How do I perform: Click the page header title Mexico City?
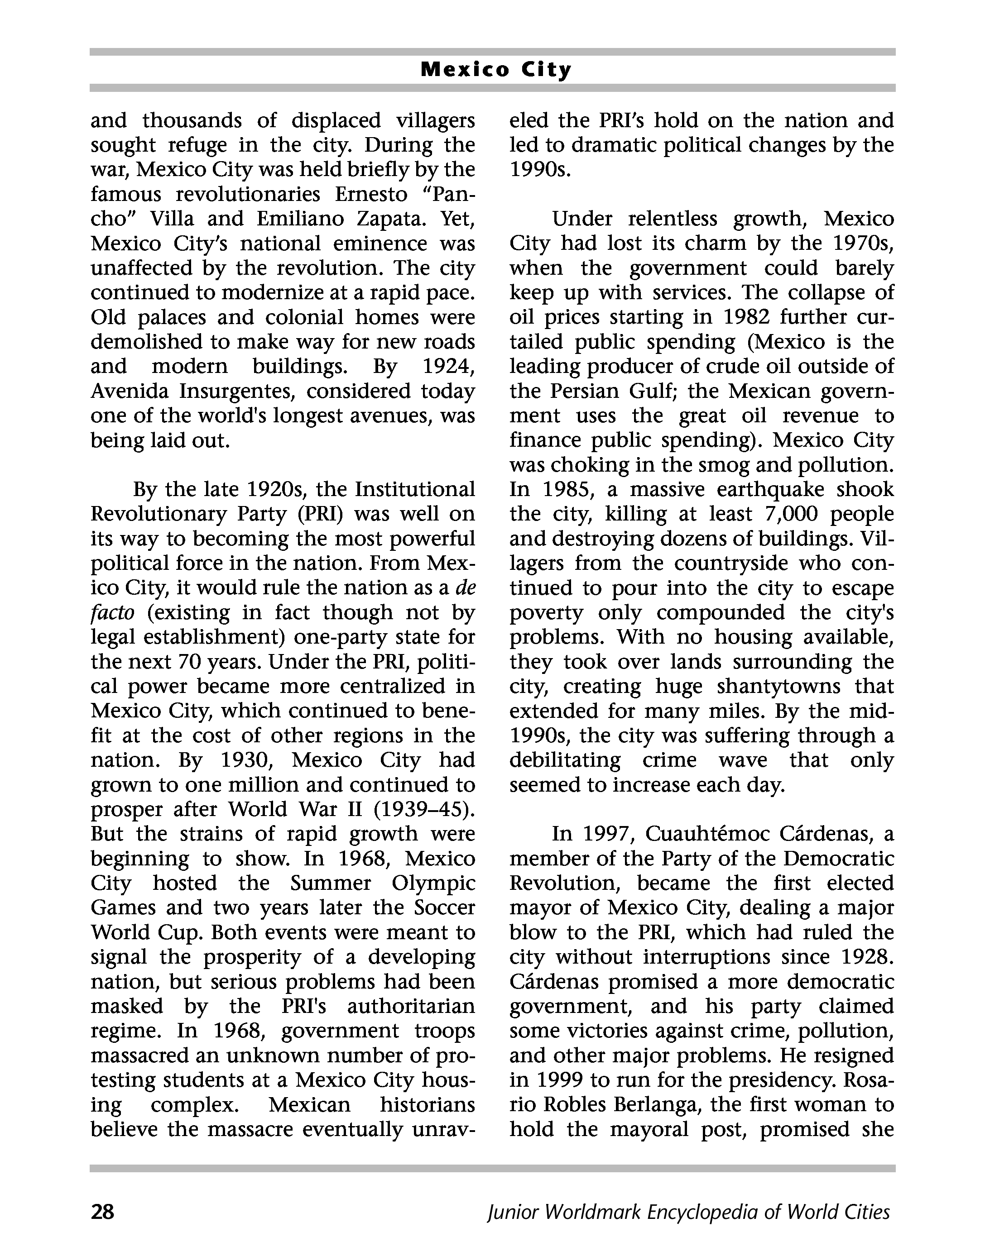(x=495, y=70)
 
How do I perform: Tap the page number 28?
(x=103, y=1212)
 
